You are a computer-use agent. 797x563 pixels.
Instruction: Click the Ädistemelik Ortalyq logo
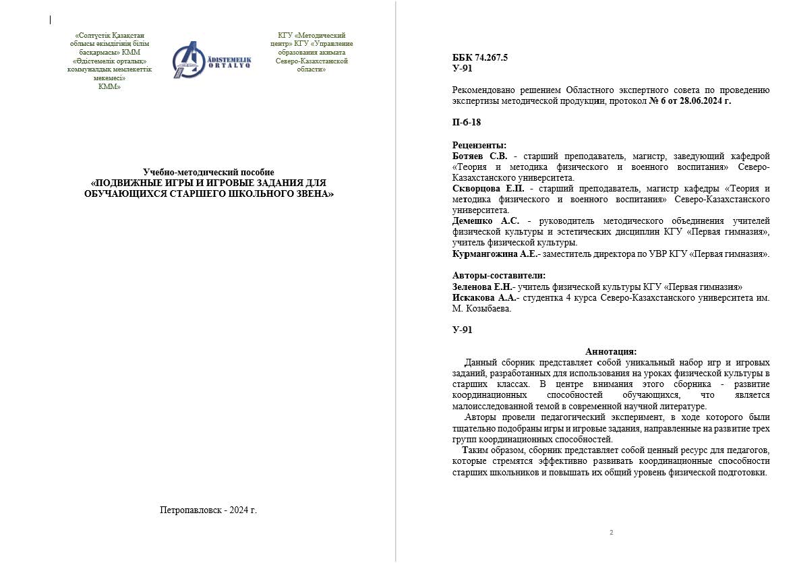point(211,60)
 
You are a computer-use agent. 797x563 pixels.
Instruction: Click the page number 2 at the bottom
point(611,533)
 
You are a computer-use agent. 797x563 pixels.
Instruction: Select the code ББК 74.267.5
point(479,58)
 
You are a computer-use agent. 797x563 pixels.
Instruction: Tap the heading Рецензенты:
point(479,145)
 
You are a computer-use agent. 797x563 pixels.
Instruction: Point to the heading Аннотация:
point(611,351)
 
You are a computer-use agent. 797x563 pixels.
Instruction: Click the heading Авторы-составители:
point(498,275)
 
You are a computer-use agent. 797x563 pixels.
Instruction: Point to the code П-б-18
point(467,123)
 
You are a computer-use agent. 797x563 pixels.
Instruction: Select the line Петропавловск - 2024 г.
point(208,510)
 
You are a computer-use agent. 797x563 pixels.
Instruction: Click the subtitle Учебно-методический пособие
point(208,172)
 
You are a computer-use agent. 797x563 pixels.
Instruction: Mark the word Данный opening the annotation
point(481,362)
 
